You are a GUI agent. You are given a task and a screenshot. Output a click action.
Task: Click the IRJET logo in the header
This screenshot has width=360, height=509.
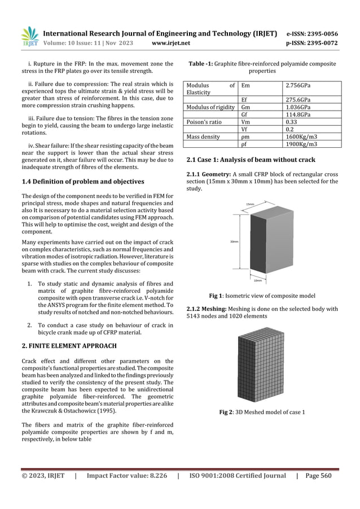point(29,37)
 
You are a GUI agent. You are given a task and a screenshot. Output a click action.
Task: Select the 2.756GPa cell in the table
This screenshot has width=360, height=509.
point(299,86)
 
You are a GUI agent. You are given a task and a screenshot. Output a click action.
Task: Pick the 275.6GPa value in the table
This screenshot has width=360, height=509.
point(299,100)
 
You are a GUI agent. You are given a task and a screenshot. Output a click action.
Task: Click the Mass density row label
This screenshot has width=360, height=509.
point(204,136)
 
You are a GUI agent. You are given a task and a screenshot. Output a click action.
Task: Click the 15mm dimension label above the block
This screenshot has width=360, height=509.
point(250,204)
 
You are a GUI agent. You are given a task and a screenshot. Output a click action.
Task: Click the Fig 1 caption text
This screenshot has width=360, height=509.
point(262,296)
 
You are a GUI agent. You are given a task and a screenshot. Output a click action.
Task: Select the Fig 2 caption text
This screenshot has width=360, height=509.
point(262,411)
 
